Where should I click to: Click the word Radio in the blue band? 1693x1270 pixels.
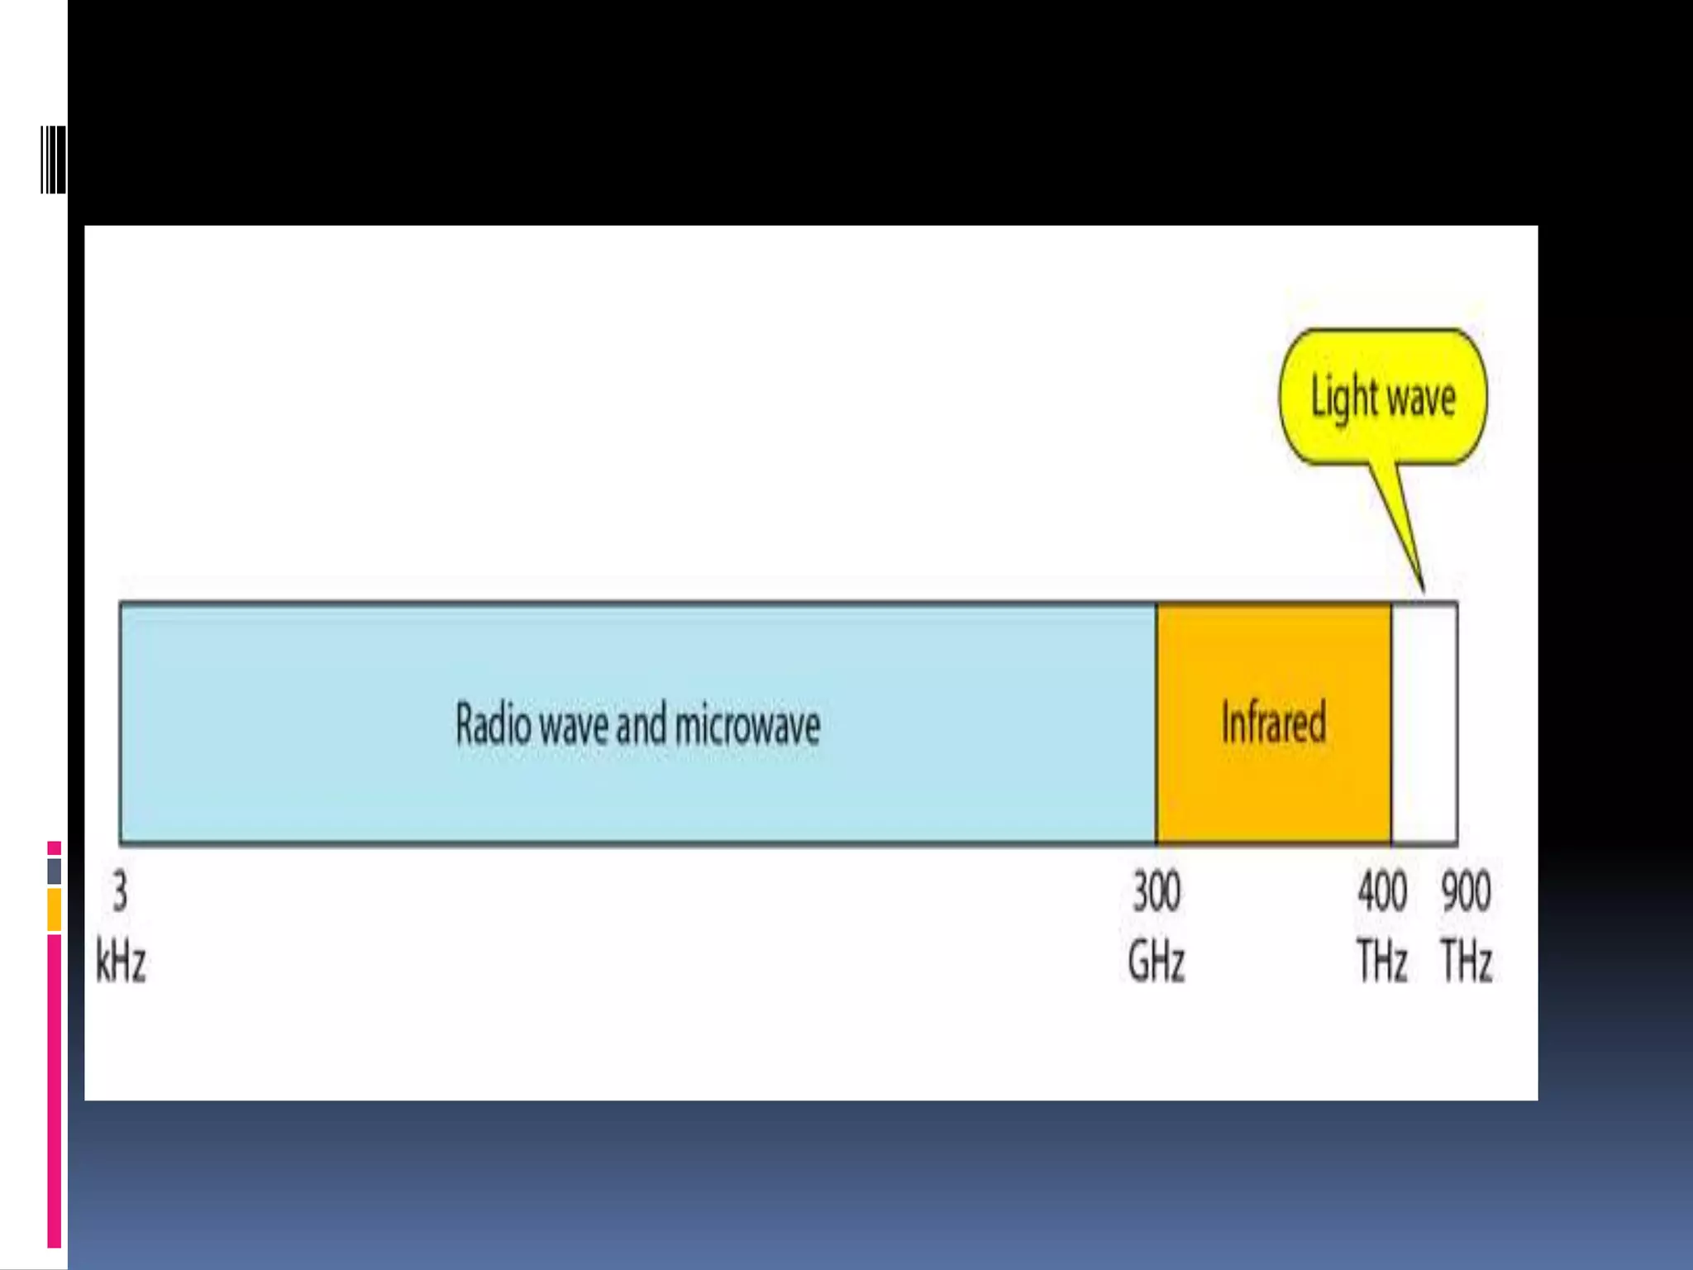(x=493, y=724)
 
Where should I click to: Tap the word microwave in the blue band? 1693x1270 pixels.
(x=747, y=724)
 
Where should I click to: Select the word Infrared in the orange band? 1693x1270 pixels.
(x=1274, y=722)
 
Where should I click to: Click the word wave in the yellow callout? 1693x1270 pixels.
(x=1421, y=399)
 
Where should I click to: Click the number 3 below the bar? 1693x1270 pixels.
(x=121, y=892)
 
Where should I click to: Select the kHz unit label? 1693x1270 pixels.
(x=121, y=962)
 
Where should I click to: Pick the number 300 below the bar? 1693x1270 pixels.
(x=1156, y=892)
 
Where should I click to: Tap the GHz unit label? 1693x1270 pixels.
(x=1156, y=962)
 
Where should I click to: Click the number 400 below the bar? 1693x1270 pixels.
(x=1382, y=892)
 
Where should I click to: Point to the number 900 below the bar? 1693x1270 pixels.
(x=1466, y=892)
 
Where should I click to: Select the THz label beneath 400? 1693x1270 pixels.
(x=1382, y=962)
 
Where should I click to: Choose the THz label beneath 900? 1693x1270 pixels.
(x=1466, y=962)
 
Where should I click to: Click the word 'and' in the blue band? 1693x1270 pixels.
(x=641, y=724)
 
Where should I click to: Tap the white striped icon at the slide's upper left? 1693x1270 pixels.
(x=53, y=160)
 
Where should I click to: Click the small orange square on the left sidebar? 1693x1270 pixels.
(x=54, y=910)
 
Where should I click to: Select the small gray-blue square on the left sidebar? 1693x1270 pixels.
(x=54, y=871)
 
